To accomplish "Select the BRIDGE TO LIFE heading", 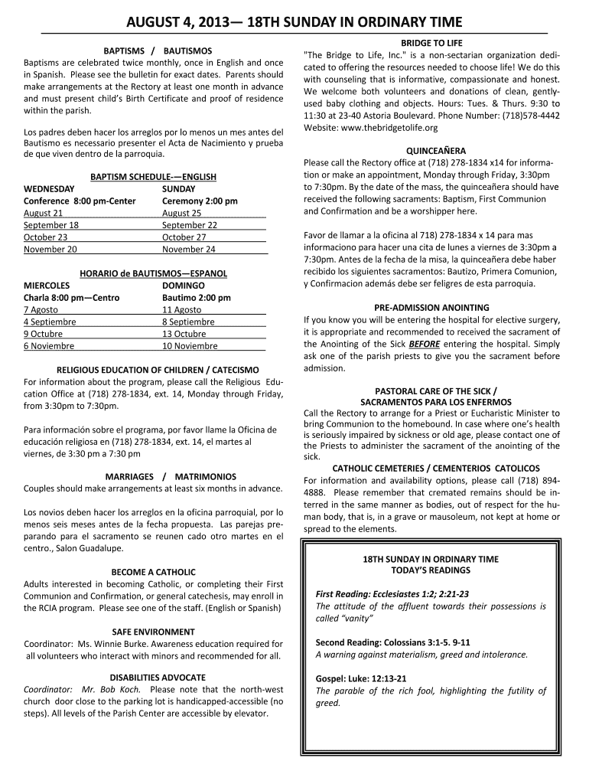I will (x=431, y=42).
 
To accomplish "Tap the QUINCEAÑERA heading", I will (x=431, y=151).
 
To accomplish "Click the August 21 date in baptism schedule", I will (x=44, y=213).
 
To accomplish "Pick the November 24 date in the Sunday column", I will (x=189, y=249).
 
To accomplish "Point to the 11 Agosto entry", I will (x=182, y=309).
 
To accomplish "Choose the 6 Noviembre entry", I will (x=49, y=345).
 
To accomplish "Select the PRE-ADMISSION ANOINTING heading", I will (x=431, y=307).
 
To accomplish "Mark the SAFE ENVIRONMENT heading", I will (x=153, y=632).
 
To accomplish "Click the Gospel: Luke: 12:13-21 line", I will (x=361, y=678).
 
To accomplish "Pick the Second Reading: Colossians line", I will (x=392, y=642).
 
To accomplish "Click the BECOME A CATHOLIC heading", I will (x=153, y=572).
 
